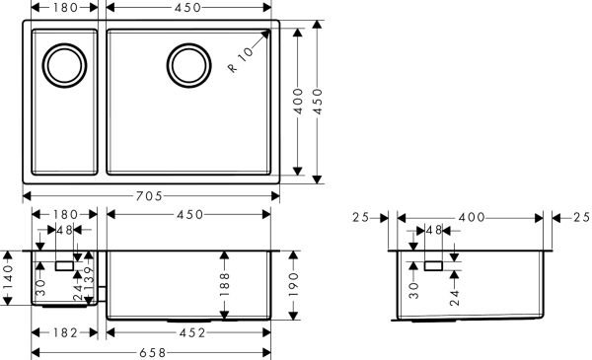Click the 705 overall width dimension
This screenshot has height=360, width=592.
coord(151,195)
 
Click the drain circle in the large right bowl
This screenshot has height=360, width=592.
coord(187,65)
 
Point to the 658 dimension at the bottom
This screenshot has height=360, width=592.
coord(151,352)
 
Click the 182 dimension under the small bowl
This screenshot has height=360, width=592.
coord(64,333)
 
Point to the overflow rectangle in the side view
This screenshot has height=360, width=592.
coord(433,265)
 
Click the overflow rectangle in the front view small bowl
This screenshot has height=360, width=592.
coord(64,265)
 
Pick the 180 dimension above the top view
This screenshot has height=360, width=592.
coord(64,8)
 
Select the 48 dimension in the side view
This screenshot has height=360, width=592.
coord(432,231)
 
